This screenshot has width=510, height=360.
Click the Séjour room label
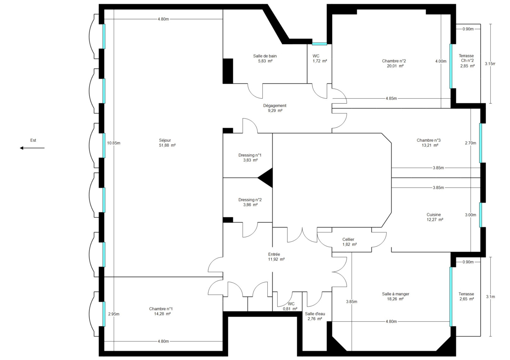click(x=165, y=140)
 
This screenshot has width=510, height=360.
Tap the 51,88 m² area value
click(x=167, y=145)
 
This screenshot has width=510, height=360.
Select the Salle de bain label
click(x=265, y=56)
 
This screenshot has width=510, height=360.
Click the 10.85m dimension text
click(x=114, y=143)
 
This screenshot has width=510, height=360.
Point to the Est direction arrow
click(x=32, y=148)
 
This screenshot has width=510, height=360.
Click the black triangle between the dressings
click(x=266, y=178)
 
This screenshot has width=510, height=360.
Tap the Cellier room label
click(x=348, y=239)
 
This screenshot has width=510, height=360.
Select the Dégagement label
click(x=275, y=106)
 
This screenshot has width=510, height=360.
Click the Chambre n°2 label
click(x=394, y=61)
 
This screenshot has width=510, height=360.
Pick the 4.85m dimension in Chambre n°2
click(x=391, y=98)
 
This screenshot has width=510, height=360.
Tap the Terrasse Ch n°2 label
click(x=466, y=58)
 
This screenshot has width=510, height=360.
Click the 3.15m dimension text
click(x=490, y=64)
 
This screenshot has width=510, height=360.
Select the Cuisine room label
click(x=433, y=214)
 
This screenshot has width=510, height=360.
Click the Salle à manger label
click(x=395, y=294)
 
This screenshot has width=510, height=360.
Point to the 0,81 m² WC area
click(x=290, y=309)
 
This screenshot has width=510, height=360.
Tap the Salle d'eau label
click(x=315, y=314)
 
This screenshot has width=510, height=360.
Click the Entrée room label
click(x=274, y=254)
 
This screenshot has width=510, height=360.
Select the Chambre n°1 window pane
click(x=104, y=314)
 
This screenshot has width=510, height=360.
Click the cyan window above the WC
click(x=319, y=44)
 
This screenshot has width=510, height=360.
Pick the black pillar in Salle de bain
click(x=228, y=71)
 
